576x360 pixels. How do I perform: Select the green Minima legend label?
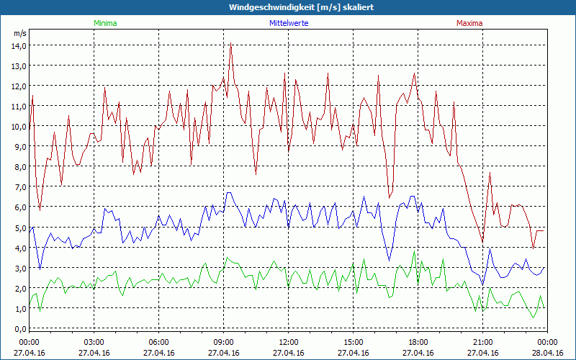pyautogui.click(x=104, y=23)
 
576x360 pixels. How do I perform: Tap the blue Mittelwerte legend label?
pyautogui.click(x=289, y=23)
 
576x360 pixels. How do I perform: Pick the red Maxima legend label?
pyautogui.click(x=469, y=23)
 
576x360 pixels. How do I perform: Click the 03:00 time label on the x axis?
pyautogui.click(x=94, y=342)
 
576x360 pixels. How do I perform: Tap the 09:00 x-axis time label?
pyautogui.click(x=224, y=342)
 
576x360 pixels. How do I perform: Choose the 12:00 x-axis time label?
pyautogui.click(x=289, y=342)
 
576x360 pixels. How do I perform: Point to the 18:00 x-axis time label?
pyautogui.click(x=418, y=342)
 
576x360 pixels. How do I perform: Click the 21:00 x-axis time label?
pyautogui.click(x=483, y=342)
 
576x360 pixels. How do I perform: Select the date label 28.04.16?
pyautogui.click(x=548, y=353)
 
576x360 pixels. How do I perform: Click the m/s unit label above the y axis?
pyautogui.click(x=19, y=33)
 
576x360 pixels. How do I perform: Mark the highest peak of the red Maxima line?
pyautogui.click(x=230, y=44)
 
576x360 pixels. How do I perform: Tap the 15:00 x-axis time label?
pyautogui.click(x=354, y=342)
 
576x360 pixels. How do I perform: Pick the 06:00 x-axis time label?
pyautogui.click(x=159, y=342)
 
